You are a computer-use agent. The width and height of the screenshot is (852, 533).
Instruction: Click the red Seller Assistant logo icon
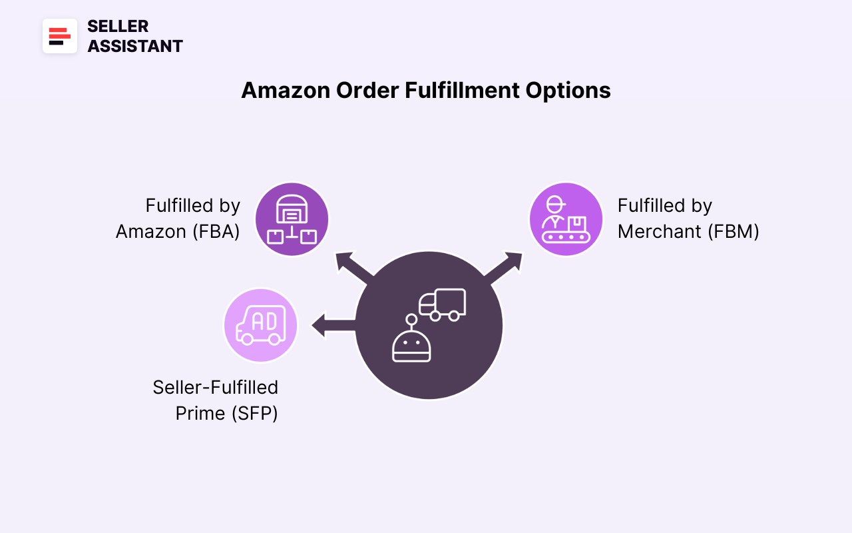pos(60,36)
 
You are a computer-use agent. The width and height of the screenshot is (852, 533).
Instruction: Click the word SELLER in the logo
pos(118,26)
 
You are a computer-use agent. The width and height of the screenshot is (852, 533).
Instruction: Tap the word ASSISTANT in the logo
pos(135,46)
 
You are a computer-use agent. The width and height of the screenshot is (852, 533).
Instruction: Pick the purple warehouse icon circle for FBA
pos(292,219)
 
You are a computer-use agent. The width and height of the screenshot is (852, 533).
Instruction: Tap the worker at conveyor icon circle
pos(566,219)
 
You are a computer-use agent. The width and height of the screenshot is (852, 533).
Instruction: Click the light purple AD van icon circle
pos(260,325)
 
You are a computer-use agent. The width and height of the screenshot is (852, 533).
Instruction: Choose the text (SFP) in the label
pos(254,413)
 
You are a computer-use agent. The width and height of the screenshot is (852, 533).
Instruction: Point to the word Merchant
pos(659,231)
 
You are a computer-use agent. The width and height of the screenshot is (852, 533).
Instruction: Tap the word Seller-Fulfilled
pos(215,387)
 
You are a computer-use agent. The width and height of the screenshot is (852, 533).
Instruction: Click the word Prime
pos(200,413)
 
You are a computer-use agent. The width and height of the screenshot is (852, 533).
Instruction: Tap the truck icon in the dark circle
pos(443,304)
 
